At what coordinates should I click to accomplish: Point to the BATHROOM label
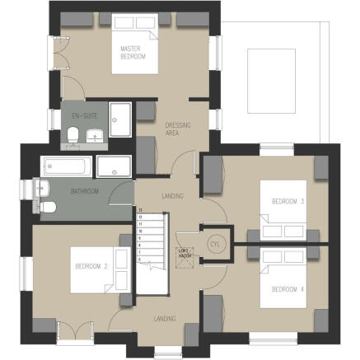pos(85,191)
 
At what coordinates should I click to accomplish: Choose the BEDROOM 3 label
pos(290,201)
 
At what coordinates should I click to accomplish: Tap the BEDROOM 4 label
pos(288,288)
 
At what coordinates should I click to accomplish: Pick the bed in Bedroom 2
pos(96,267)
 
